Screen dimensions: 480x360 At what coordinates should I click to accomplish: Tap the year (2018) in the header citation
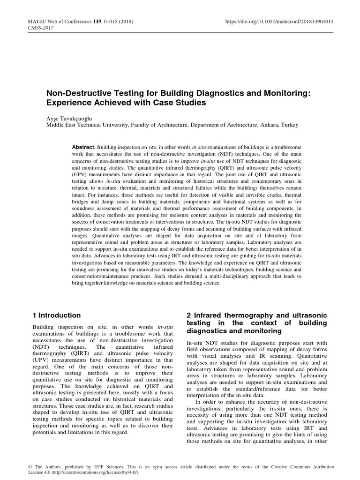click(x=118, y=21)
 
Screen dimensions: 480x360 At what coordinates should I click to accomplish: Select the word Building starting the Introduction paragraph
click(x=43, y=327)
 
